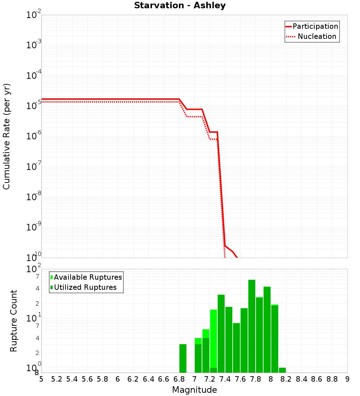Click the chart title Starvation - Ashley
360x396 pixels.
180,5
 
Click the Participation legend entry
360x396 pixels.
315,26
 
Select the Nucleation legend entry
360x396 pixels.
317,36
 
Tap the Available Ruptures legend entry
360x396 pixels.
88,277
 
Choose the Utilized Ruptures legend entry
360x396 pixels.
85,287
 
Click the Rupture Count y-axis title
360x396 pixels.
14,321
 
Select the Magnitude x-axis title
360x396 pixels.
194,390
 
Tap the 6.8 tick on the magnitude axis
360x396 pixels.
179,379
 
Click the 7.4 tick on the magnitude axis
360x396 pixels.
225,379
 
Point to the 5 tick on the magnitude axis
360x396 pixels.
41,379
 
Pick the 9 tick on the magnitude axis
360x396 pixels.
347,379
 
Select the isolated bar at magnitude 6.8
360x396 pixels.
183,358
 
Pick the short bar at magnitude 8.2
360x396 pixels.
282,370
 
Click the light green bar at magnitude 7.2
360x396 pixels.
213,338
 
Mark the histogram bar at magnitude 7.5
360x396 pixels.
237,347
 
